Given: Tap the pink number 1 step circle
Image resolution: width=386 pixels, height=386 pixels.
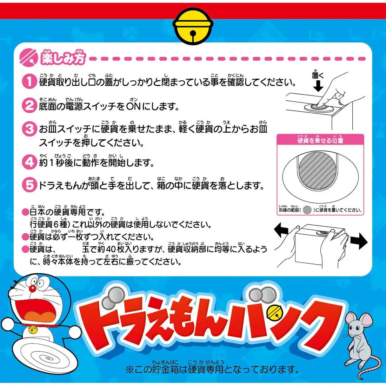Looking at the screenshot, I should [x=29, y=82].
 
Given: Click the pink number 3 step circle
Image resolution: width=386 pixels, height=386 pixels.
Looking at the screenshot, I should [x=29, y=129].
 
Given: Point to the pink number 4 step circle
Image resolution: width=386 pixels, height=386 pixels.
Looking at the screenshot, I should [x=29, y=162].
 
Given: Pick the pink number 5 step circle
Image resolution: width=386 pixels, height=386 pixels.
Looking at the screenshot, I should [x=29, y=185].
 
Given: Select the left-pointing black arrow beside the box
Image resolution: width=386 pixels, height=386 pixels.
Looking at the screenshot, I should [x=281, y=231].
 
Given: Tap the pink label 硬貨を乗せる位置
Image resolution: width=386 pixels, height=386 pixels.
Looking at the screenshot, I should [x=320, y=140].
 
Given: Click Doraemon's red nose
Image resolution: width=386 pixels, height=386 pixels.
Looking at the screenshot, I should [x=32, y=288].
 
